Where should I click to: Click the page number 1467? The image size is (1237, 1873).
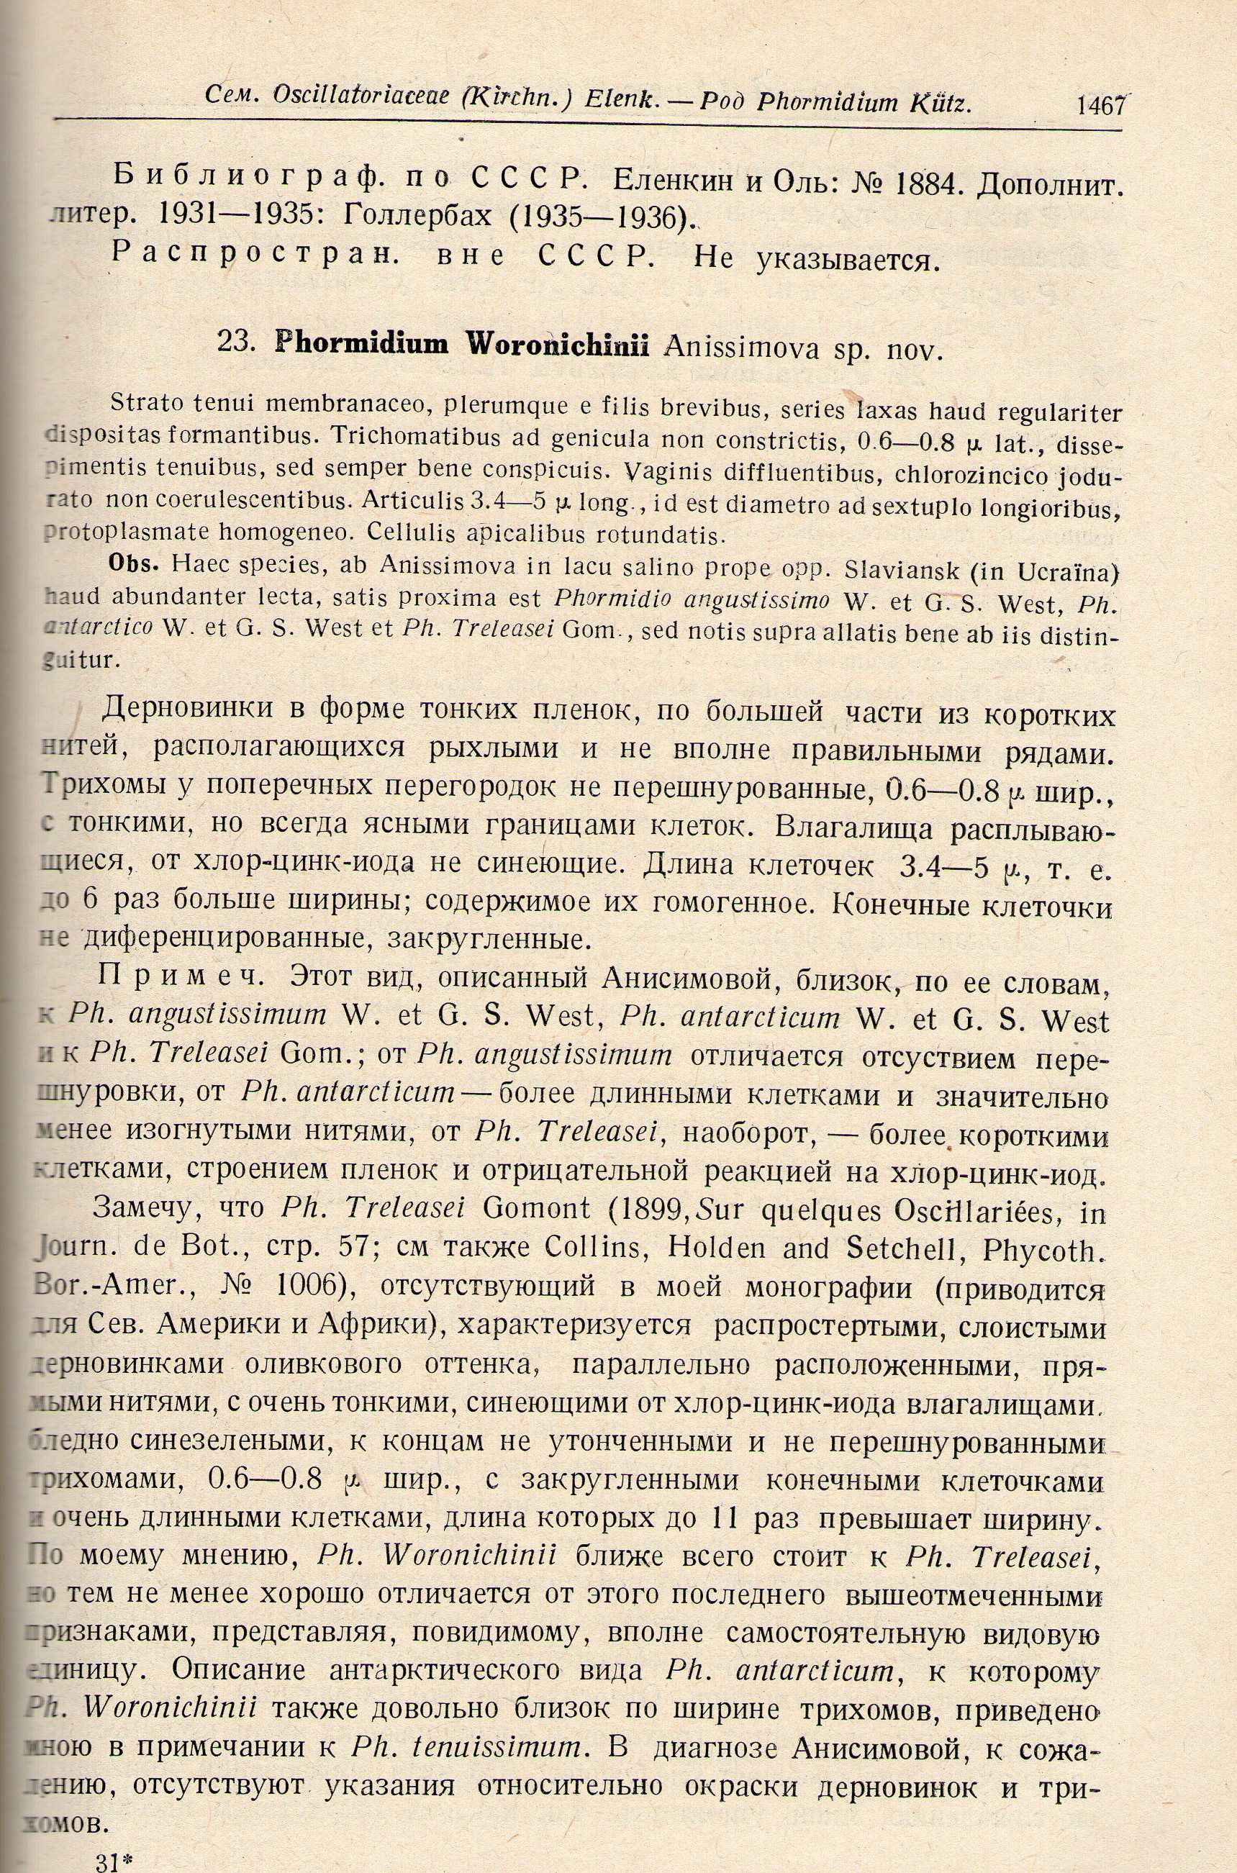click(1100, 105)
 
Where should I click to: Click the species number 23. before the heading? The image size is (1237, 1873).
click(235, 345)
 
